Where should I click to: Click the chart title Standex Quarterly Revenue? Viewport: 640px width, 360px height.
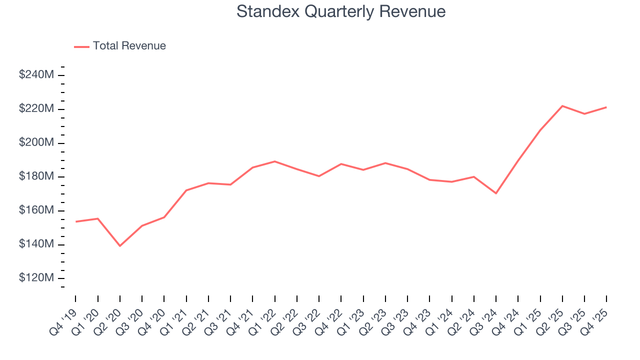click(340, 11)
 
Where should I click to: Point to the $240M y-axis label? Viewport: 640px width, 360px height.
click(36, 75)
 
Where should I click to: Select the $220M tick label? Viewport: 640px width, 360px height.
click(36, 109)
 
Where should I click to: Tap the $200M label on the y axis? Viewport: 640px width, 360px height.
click(36, 143)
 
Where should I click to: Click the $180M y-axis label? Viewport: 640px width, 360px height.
click(36, 176)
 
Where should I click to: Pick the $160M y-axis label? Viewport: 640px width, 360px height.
click(36, 210)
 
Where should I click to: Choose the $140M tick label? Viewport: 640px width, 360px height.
click(36, 244)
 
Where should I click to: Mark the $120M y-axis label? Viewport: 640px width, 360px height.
click(36, 278)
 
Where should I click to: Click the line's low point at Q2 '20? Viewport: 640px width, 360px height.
click(120, 245)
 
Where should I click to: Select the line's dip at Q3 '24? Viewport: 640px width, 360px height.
click(496, 193)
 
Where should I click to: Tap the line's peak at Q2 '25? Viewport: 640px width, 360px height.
click(562, 106)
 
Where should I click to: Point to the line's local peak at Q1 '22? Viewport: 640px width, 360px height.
click(274, 161)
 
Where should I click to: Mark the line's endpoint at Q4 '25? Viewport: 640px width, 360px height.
click(606, 107)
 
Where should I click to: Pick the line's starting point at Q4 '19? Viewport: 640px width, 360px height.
click(76, 221)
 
